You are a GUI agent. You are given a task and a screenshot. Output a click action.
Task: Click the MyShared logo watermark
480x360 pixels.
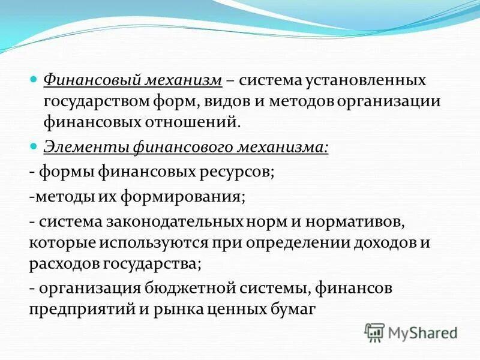[x=411, y=332]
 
